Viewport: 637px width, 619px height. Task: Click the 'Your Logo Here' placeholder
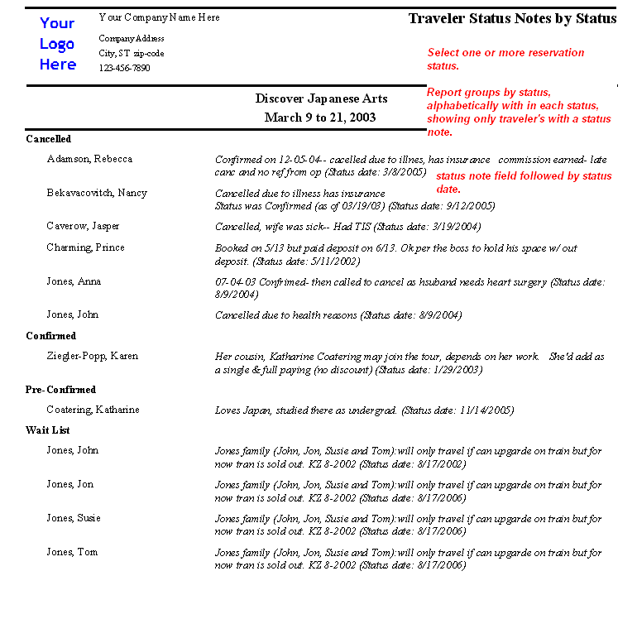(x=57, y=44)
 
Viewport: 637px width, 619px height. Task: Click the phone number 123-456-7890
(x=124, y=68)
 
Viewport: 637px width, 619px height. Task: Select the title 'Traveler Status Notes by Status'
(x=512, y=18)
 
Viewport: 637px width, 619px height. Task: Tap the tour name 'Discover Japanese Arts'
(x=321, y=98)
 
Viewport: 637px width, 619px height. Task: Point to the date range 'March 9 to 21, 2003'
(x=320, y=118)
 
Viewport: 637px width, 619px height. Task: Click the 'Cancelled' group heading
(x=49, y=139)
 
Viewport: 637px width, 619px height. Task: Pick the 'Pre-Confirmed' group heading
(x=60, y=390)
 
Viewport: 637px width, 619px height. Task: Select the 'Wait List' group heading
(x=48, y=430)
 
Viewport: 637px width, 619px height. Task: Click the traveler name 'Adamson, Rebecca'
(x=89, y=159)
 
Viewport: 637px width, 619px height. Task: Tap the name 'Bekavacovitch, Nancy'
(x=97, y=193)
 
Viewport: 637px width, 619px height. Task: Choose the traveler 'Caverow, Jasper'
(x=83, y=226)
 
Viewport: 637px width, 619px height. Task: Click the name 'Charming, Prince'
(x=85, y=247)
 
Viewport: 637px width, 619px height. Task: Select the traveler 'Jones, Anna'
(x=74, y=281)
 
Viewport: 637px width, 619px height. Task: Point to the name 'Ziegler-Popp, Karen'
(x=92, y=356)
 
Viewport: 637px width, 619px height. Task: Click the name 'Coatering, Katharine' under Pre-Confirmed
(x=93, y=410)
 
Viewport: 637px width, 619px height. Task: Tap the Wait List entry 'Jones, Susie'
(x=74, y=518)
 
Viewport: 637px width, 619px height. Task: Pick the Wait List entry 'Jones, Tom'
(x=72, y=552)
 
